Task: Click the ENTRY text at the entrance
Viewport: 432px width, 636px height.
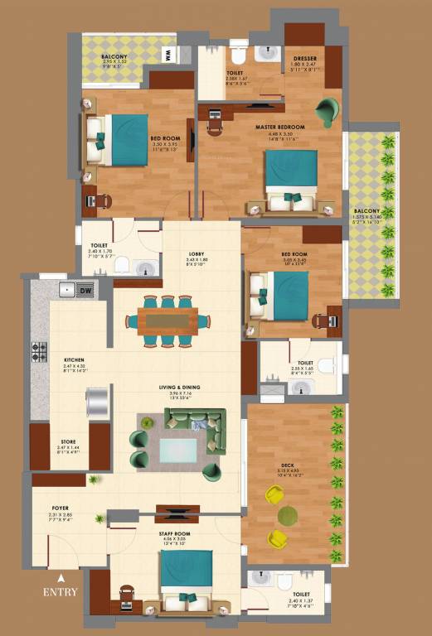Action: click(61, 591)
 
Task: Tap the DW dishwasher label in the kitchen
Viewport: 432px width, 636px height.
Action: click(85, 289)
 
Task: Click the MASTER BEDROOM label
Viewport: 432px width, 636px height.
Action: click(281, 127)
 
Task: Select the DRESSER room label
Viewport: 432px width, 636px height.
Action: click(304, 58)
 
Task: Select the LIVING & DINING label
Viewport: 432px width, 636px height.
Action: click(180, 387)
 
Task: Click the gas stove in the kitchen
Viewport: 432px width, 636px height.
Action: click(39, 351)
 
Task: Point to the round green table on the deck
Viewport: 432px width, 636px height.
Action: click(288, 514)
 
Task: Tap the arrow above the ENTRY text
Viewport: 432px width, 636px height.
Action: click(61, 578)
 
